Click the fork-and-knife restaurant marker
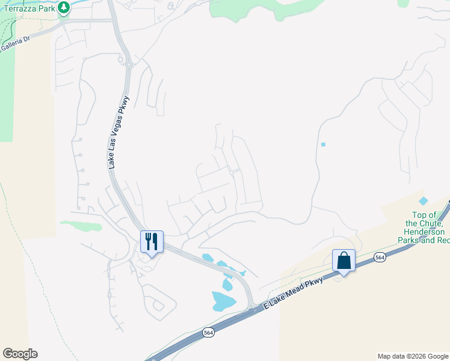point(152,242)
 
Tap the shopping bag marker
point(344,261)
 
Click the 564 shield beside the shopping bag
point(379,257)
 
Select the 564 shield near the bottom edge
point(208,333)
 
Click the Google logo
point(20,354)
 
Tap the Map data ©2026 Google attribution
point(412,356)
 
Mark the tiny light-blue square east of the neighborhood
point(323,144)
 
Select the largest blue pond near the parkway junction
point(223,300)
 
